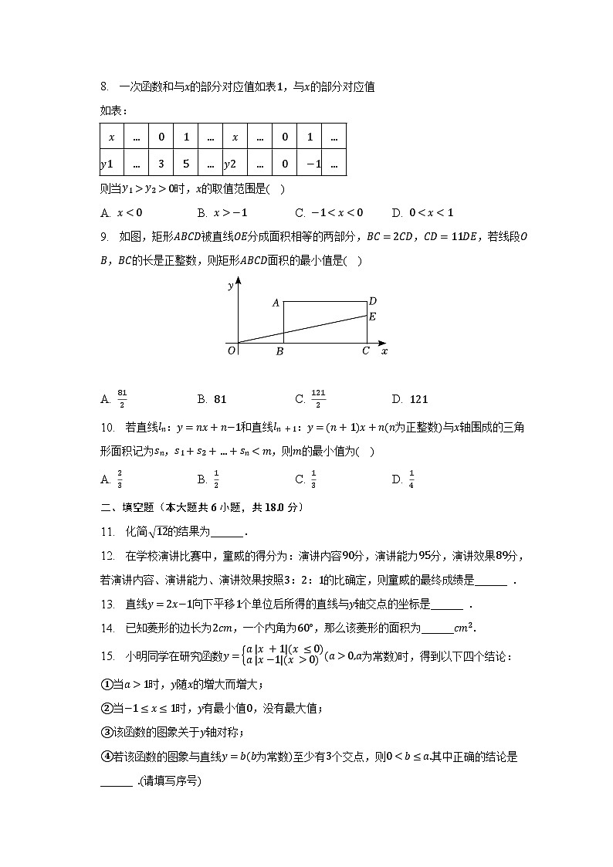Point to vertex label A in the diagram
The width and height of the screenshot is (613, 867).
tap(276, 303)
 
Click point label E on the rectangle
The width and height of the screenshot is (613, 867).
tap(372, 317)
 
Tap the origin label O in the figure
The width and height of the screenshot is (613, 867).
tap(231, 351)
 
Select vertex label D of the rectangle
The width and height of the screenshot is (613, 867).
tap(372, 301)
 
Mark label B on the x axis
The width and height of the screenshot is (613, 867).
tap(279, 352)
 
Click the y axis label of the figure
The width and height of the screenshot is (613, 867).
tap(231, 286)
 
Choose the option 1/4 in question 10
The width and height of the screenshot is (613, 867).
tap(411, 479)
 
